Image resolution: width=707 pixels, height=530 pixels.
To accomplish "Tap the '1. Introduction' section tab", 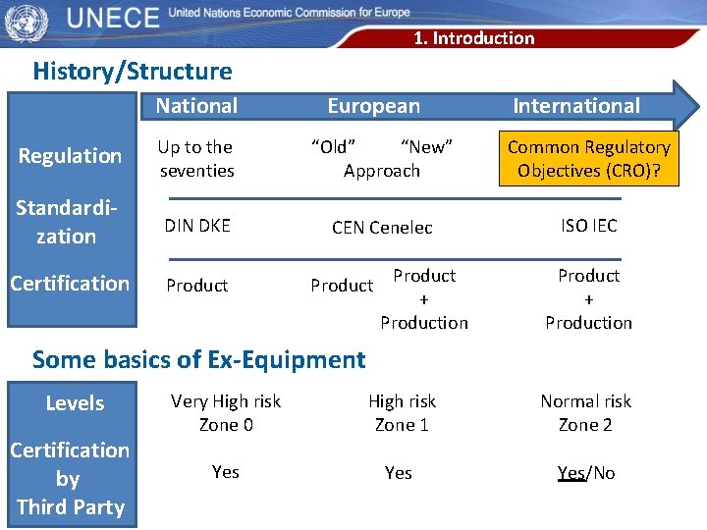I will click(473, 38).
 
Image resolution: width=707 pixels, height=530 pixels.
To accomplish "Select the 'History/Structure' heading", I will click(133, 72).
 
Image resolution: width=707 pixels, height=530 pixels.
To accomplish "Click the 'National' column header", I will click(196, 106).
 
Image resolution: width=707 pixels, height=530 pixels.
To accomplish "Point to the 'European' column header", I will click(373, 106).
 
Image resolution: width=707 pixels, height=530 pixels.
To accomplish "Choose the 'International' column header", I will click(576, 106).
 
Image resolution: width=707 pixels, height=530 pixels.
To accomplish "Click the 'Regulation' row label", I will click(71, 156).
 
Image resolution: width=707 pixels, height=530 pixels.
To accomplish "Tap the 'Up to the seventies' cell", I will click(195, 159).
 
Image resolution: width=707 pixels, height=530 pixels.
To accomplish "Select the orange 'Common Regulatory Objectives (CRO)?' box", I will click(588, 159).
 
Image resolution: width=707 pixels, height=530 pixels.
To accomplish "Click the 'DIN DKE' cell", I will click(197, 226).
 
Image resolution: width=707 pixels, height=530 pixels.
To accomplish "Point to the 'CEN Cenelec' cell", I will click(382, 228).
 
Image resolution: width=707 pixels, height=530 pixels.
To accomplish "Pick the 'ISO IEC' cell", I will click(588, 226).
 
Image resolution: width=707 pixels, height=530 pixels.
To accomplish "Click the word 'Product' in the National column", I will click(196, 286).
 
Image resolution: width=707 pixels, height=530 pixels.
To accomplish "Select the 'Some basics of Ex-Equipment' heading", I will click(198, 360).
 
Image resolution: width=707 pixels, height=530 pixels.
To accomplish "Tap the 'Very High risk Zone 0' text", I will click(225, 413).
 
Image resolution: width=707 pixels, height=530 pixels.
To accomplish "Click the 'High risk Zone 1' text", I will click(402, 413).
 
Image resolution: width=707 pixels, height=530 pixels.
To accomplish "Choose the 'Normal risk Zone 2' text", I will click(585, 413).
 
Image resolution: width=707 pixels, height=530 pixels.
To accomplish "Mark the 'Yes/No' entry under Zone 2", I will click(585, 473).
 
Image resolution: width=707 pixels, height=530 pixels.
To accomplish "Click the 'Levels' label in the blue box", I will click(75, 403).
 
